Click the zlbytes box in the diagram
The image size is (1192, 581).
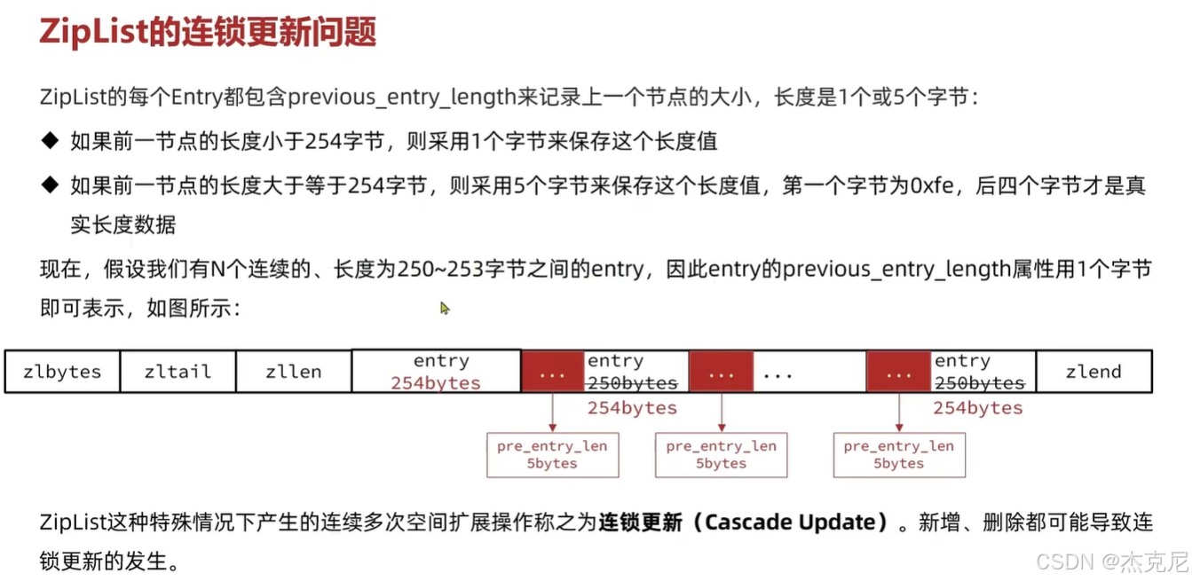coord(62,372)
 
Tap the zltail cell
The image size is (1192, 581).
coord(178,372)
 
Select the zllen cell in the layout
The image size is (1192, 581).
coord(294,372)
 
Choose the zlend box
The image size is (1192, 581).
coord(1093,372)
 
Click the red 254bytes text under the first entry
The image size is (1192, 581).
coord(436,383)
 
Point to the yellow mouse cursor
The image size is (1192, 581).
coord(445,308)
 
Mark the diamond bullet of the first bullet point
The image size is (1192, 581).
coord(49,140)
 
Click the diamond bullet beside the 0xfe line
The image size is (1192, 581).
coord(49,185)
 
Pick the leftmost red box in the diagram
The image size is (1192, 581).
coord(552,372)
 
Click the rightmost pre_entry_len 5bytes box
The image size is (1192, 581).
coord(898,454)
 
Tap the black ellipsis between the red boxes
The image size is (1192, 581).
coord(777,374)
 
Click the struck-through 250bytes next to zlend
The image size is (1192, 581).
coord(978,383)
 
